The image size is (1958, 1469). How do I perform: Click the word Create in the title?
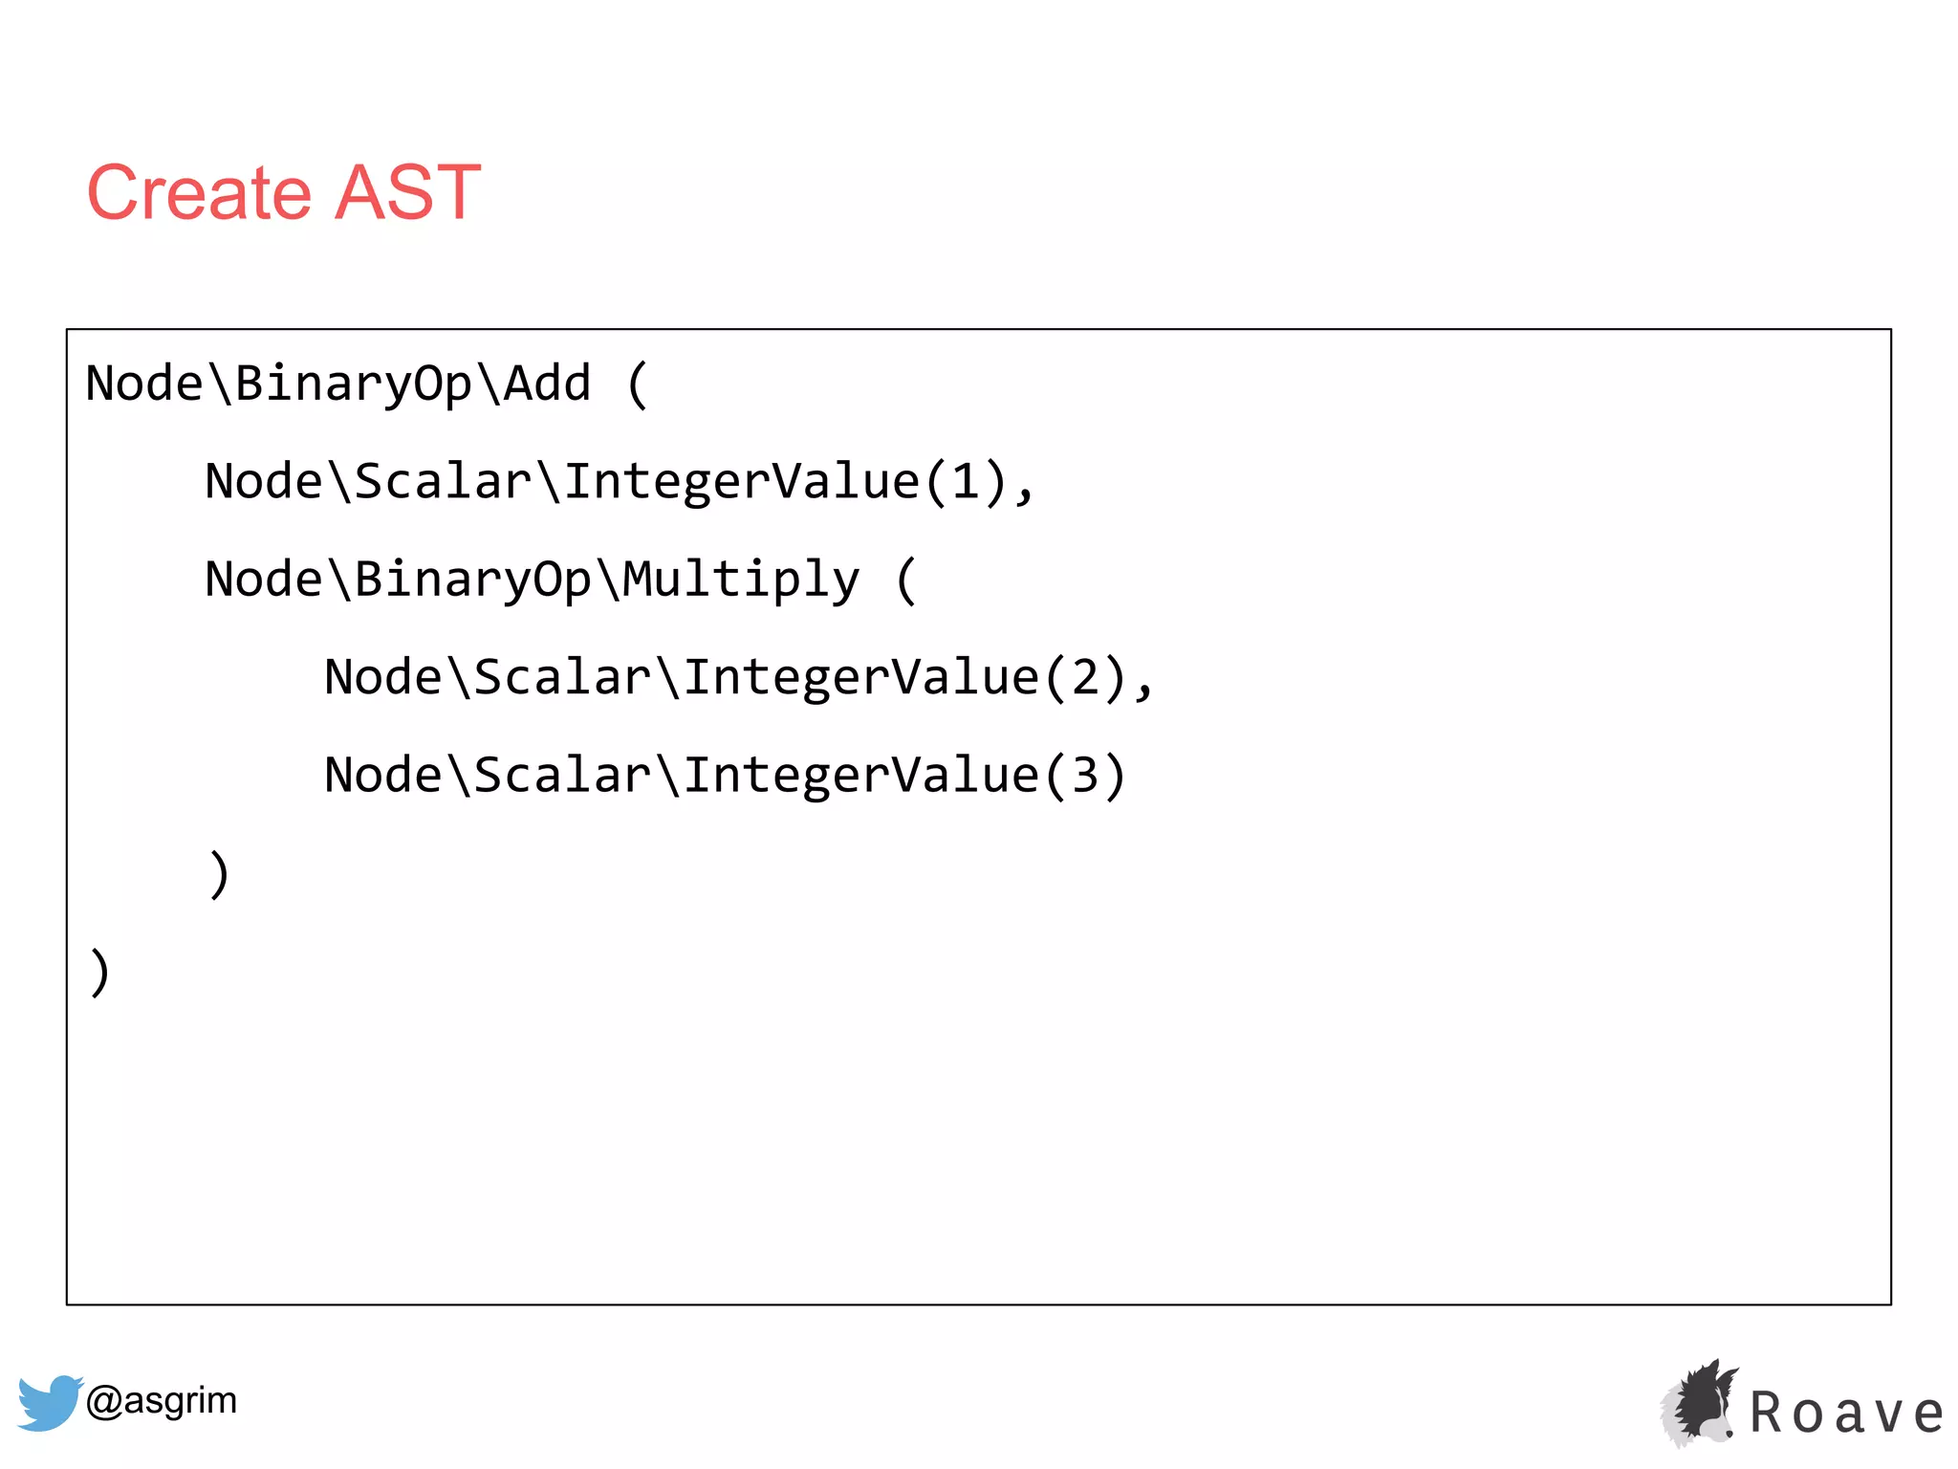click(x=199, y=193)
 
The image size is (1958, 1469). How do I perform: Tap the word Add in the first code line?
click(x=548, y=384)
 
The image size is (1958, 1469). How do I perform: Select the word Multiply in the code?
click(x=741, y=581)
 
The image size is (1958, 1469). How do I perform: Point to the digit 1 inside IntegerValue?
click(x=966, y=481)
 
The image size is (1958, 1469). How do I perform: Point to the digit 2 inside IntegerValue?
click(x=1085, y=678)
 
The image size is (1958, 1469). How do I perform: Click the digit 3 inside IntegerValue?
click(x=1085, y=776)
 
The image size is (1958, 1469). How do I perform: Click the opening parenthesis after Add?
click(x=638, y=384)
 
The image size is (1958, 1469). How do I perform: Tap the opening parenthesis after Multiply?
click(x=906, y=581)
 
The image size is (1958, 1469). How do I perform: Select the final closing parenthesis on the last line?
click(x=99, y=973)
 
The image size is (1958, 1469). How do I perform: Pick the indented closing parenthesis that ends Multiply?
click(x=219, y=874)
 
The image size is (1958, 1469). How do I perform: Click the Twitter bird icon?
click(x=48, y=1402)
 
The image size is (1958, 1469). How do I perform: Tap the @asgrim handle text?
click(x=161, y=1401)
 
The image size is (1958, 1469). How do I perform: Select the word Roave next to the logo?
click(x=1846, y=1414)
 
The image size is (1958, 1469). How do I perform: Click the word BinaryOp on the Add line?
click(x=353, y=384)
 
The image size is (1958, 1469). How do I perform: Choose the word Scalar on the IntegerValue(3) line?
click(x=562, y=776)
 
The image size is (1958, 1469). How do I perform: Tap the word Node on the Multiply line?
click(x=264, y=581)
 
